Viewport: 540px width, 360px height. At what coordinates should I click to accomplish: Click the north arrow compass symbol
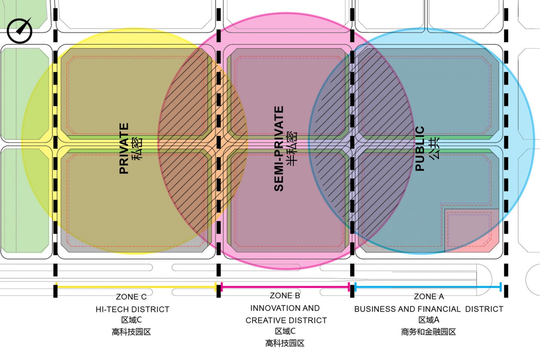coord(19,30)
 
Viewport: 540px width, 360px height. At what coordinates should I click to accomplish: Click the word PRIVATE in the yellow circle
coord(124,148)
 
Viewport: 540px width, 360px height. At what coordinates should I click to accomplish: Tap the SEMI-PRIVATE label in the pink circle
coord(279,149)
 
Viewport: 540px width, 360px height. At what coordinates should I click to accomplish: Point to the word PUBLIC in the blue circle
coord(420,149)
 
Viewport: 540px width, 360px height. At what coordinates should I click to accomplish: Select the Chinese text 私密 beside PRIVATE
coord(137,149)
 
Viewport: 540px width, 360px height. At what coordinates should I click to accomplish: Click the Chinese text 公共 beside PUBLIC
coord(434,149)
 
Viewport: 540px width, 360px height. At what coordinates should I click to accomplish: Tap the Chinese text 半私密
coord(292,149)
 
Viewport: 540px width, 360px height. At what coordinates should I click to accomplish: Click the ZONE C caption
coord(131,297)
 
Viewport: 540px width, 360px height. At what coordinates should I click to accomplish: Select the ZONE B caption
coord(285,296)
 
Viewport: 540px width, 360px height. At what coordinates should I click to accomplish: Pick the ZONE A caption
coord(429,296)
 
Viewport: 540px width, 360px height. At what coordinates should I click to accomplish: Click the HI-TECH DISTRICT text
coord(133,309)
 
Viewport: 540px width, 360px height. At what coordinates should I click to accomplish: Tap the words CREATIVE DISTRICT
coord(286,320)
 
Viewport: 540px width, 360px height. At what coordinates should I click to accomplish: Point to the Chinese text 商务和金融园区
coord(428,332)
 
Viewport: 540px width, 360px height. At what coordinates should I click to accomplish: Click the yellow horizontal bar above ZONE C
coord(136,287)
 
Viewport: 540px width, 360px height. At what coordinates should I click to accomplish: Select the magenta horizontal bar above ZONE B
coord(285,287)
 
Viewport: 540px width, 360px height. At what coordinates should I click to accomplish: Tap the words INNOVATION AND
coord(285,308)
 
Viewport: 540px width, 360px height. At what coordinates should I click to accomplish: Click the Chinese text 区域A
coord(429,320)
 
